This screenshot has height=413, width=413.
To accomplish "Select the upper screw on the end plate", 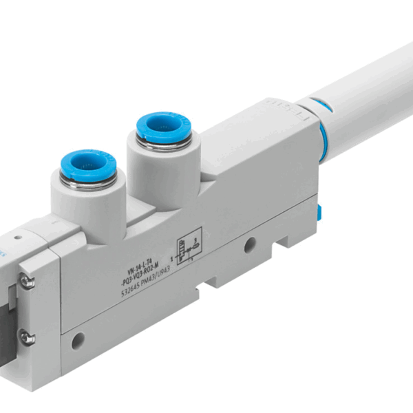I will pos(28,281).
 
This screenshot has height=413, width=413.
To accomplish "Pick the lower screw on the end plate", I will pos(28,337).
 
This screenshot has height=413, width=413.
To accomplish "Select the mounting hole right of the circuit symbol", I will pos(250,244).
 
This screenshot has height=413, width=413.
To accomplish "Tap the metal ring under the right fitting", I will pos(159,146).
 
